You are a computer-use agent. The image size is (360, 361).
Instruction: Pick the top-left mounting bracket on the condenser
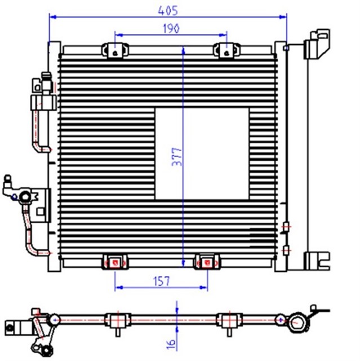point(114,51)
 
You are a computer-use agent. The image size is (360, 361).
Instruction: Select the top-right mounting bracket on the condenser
point(225,51)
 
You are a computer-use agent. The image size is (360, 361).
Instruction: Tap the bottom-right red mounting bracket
point(207,261)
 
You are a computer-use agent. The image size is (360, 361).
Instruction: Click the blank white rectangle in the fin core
point(201,153)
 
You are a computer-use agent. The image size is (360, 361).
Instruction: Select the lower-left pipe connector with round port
point(25,197)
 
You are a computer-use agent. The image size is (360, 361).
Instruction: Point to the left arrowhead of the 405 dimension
point(52,16)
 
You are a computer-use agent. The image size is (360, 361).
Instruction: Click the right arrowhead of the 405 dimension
point(285,16)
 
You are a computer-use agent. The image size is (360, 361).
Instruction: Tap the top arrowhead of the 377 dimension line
point(183,49)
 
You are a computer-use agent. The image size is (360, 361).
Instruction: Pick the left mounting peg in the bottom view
point(114,320)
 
